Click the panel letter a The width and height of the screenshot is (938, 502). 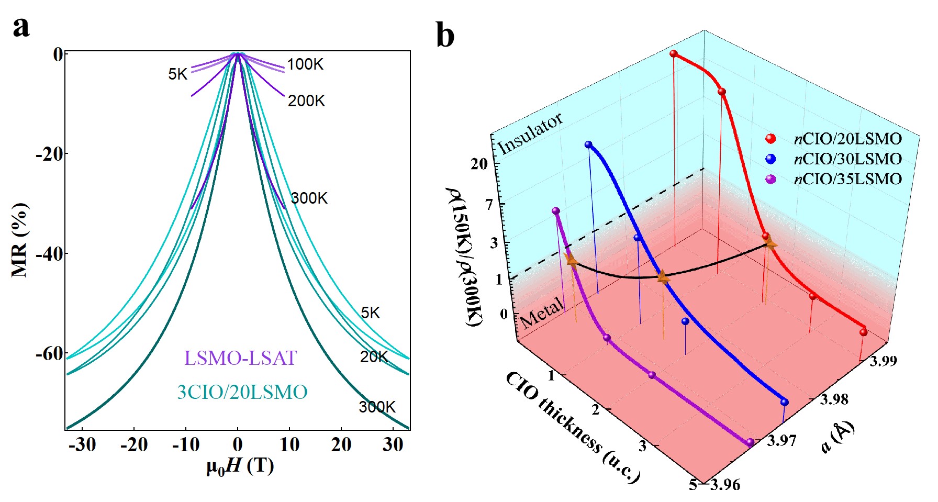click(21, 27)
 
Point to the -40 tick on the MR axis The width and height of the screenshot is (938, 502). click(49, 254)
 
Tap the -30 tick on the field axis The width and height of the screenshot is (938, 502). click(82, 445)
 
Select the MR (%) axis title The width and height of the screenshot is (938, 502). click(19, 240)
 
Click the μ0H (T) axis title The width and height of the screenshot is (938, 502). click(240, 465)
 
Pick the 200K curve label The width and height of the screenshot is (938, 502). click(306, 101)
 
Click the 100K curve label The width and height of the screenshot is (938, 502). click(305, 65)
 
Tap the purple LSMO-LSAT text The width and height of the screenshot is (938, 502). click(240, 359)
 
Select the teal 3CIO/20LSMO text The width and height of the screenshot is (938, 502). click(242, 393)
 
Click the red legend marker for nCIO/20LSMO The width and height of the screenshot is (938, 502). click(770, 139)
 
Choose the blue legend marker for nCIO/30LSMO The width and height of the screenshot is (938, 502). click(770, 159)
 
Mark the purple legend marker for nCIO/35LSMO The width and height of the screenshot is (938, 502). click(770, 179)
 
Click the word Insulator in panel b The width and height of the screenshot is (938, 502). click(530, 134)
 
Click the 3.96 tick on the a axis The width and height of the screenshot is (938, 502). click(725, 485)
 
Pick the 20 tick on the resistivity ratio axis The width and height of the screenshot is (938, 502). click(479, 164)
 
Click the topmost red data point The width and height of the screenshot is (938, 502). click(674, 54)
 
